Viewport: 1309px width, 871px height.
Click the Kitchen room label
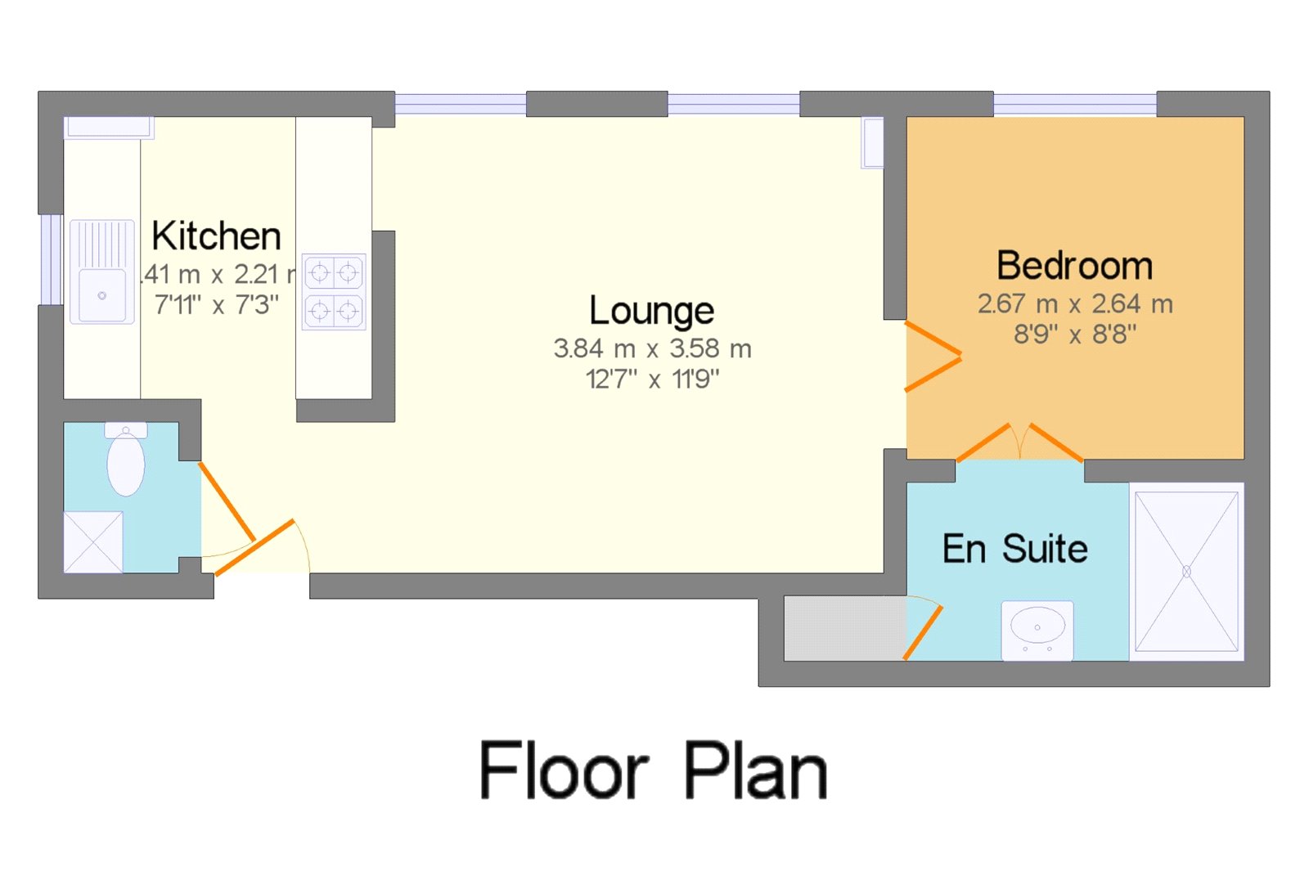click(x=216, y=236)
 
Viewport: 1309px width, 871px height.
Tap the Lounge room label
click(x=651, y=312)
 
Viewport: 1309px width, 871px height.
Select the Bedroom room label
click(x=1074, y=267)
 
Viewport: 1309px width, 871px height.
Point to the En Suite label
click(x=1014, y=549)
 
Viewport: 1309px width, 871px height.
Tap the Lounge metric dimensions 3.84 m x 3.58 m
click(x=652, y=349)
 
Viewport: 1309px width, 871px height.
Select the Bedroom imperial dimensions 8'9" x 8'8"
click(x=1074, y=334)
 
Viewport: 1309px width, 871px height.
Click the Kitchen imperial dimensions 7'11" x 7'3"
click(x=216, y=305)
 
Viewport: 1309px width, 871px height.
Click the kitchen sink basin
click(x=102, y=294)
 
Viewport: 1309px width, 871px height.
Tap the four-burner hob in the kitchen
click(x=334, y=291)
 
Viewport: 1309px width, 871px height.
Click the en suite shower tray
click(x=1186, y=571)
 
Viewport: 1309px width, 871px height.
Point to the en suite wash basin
click(x=1037, y=629)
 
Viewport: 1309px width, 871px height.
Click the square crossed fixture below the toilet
click(x=93, y=541)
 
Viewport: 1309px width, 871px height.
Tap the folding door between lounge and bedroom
click(x=933, y=357)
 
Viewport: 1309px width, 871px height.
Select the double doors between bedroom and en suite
click(x=1019, y=442)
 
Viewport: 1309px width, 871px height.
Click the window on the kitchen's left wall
click(x=51, y=259)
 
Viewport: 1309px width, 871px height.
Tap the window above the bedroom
click(x=1074, y=104)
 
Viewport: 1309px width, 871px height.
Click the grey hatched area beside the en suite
click(x=843, y=628)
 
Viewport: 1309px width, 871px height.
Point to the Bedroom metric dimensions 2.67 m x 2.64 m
click(x=1074, y=304)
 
